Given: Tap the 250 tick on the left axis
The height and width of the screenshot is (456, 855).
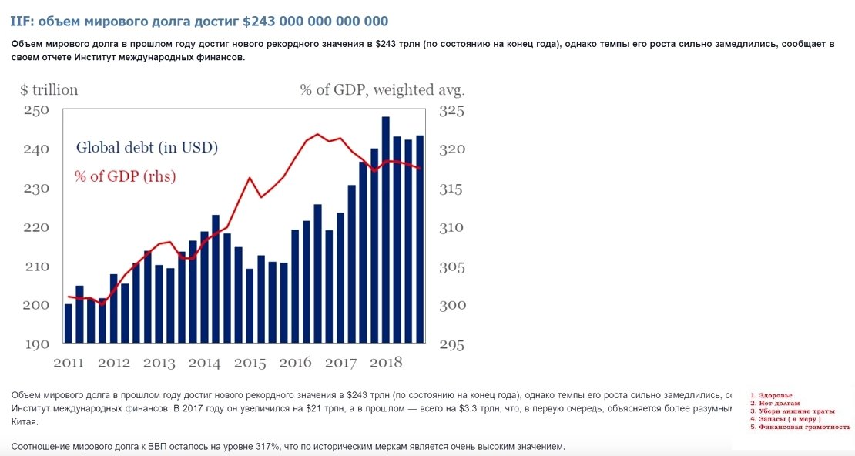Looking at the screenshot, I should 38,110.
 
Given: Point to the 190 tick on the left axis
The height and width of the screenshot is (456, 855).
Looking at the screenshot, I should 38,344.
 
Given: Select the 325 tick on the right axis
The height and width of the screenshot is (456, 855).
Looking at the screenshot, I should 452,111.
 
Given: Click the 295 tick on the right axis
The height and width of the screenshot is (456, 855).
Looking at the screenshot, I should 452,345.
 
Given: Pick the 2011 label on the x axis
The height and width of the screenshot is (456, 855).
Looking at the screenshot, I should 69,362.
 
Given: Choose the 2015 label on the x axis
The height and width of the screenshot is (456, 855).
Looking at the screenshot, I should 250,362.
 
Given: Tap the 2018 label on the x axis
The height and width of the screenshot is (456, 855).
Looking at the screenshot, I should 386,362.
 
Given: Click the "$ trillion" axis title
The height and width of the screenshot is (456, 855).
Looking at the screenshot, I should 49,90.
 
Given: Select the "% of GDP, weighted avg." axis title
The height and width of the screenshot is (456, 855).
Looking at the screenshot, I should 383,90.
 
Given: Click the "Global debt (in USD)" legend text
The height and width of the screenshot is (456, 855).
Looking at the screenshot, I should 146,147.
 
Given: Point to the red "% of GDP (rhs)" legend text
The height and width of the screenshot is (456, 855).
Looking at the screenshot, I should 126,176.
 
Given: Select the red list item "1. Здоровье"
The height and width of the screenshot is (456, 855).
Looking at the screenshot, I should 770,395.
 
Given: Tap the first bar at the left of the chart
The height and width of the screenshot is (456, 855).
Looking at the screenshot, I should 68,324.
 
